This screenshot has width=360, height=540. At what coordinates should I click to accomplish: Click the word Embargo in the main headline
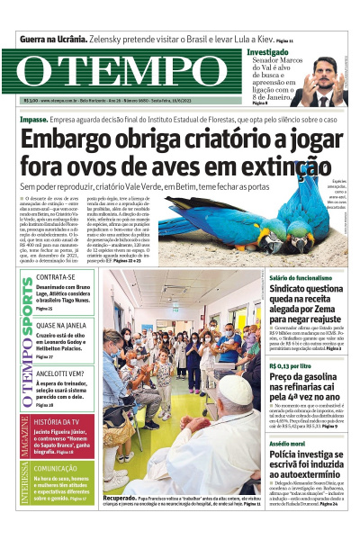point(73,141)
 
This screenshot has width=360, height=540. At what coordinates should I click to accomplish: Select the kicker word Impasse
point(33,119)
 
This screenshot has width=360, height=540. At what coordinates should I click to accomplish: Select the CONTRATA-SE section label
point(56,277)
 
